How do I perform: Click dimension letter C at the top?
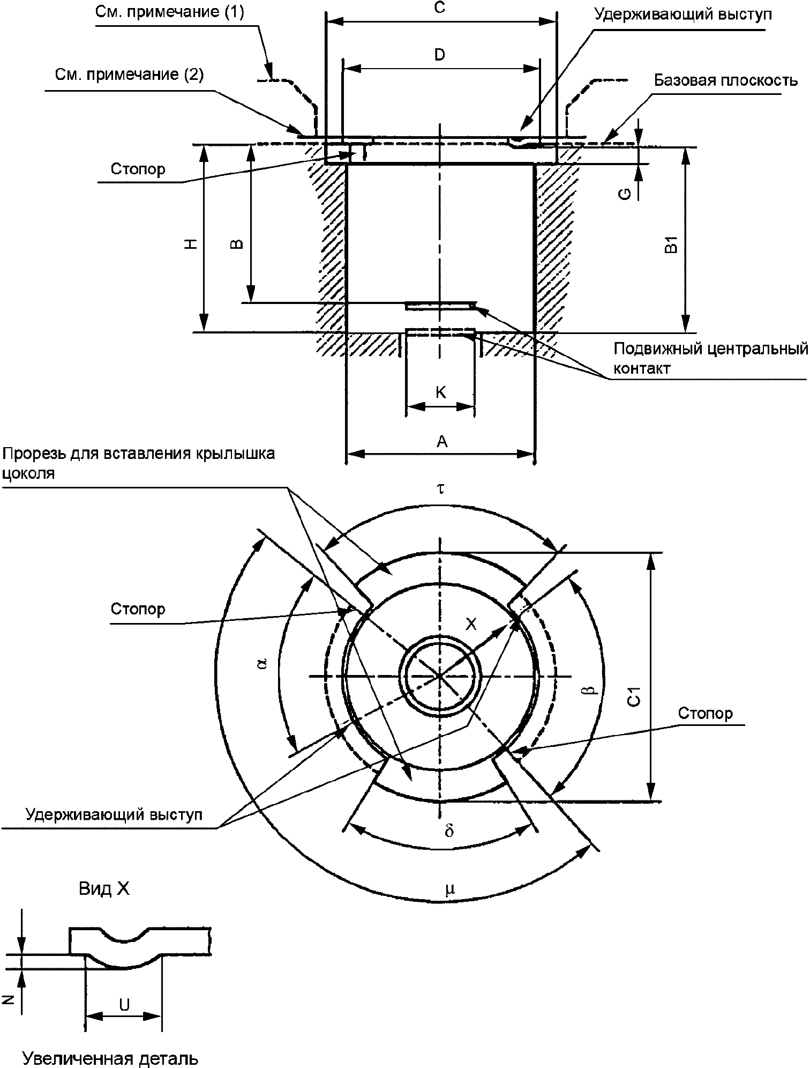tap(440, 8)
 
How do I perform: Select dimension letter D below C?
tap(440, 55)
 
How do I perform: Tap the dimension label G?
tap(625, 194)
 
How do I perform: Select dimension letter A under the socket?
tap(441, 441)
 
